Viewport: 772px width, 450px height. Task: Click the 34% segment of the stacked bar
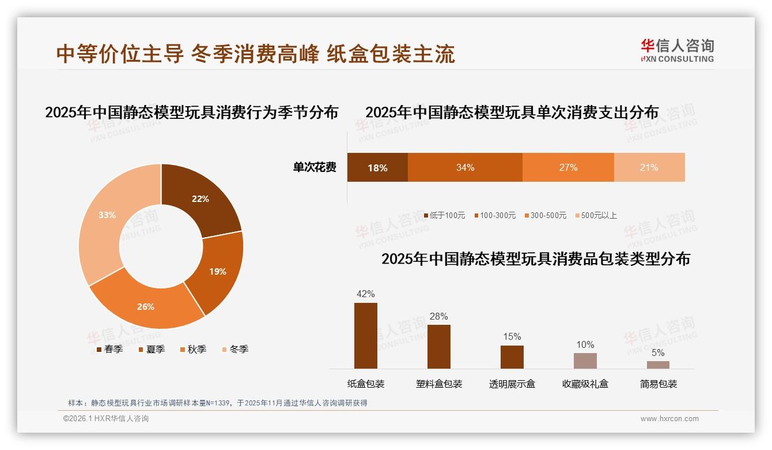(x=465, y=167)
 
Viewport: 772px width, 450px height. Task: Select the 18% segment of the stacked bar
(x=377, y=167)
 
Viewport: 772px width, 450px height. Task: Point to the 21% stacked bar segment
(x=649, y=167)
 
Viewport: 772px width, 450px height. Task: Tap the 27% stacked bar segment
(x=568, y=167)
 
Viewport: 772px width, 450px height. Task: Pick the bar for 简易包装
(x=658, y=365)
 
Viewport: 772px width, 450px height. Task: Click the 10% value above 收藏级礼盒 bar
(x=585, y=344)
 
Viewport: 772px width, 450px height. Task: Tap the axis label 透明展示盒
(x=512, y=384)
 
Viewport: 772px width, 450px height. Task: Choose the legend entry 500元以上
(x=599, y=215)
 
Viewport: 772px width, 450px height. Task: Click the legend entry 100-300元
(x=497, y=215)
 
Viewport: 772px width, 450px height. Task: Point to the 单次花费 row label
(x=315, y=167)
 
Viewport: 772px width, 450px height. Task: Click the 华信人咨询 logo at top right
(x=677, y=50)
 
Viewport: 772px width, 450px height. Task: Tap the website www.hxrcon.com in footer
(x=669, y=419)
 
